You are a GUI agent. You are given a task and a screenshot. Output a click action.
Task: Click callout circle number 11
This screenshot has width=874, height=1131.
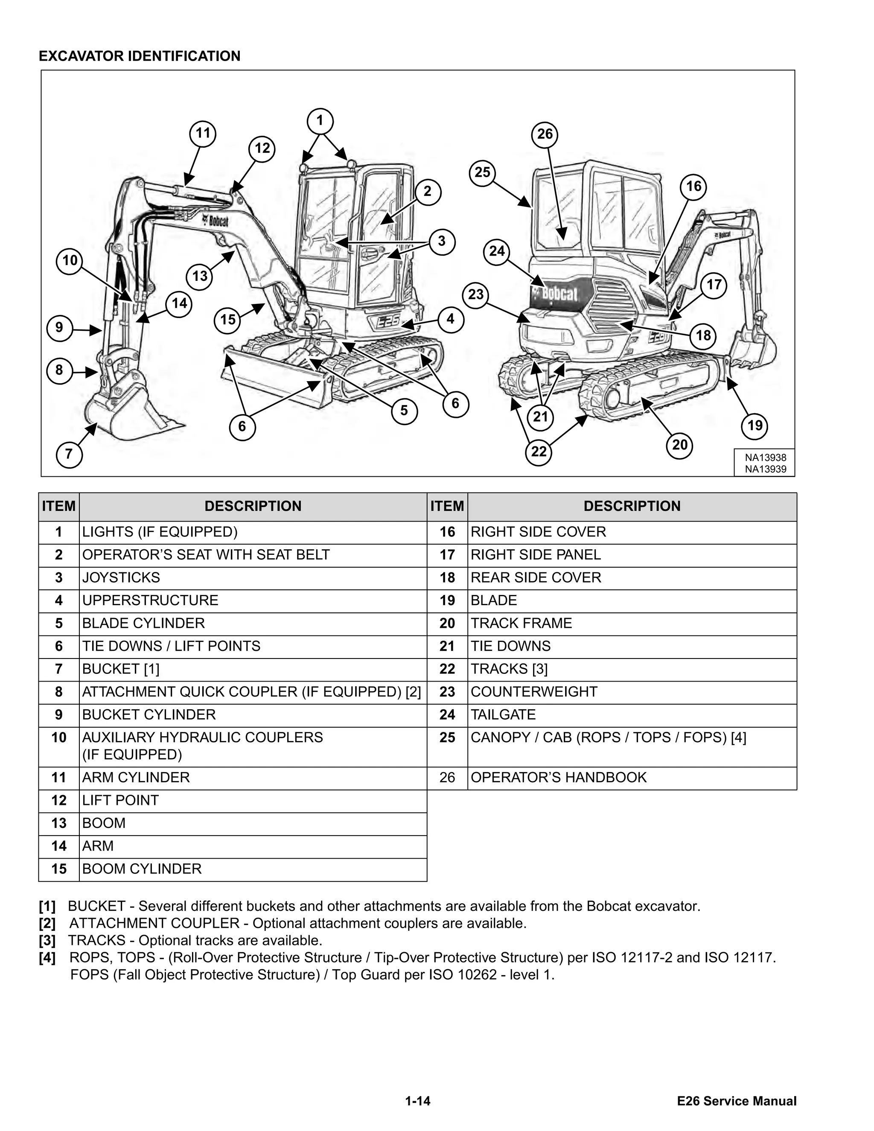click(202, 134)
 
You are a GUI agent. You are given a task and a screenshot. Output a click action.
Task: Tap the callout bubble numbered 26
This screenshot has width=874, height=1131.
click(545, 134)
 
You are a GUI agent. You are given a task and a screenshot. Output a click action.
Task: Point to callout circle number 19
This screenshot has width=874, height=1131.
click(755, 426)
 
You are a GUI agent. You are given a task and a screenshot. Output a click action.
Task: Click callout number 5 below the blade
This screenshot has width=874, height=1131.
click(404, 411)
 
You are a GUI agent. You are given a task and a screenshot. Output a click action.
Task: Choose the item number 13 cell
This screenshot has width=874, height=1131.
click(59, 823)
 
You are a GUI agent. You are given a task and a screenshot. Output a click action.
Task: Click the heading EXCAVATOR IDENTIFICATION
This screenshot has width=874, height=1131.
click(140, 56)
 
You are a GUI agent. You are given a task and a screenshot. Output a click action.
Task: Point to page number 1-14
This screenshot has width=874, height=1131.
click(418, 1101)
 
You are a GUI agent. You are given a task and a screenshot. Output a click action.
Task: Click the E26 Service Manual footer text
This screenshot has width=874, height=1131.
click(736, 1101)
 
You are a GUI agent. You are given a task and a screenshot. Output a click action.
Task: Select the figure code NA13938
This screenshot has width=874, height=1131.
click(765, 458)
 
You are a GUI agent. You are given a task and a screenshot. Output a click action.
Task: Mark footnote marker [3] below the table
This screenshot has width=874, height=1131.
click(47, 940)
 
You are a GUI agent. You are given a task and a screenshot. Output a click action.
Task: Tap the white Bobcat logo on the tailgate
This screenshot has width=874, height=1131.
click(559, 294)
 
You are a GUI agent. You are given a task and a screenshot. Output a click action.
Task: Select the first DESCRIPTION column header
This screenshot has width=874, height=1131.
click(253, 507)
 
